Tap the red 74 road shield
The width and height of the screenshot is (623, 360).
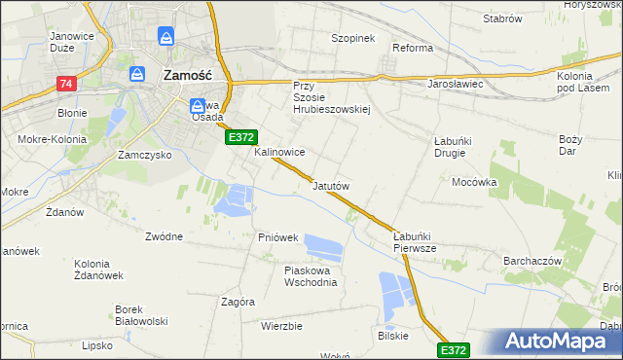pyautogui.click(x=66, y=85)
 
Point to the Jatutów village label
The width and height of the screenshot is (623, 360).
pyautogui.click(x=331, y=185)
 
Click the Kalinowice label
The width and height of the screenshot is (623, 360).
pyautogui.click(x=280, y=153)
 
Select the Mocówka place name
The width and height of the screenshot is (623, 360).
pyautogui.click(x=474, y=182)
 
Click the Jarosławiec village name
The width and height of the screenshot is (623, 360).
pyautogui.click(x=457, y=85)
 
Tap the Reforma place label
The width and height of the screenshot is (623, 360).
pyautogui.click(x=412, y=48)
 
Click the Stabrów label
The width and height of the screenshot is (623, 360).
pyautogui.click(x=501, y=18)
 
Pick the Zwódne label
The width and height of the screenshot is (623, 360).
pyautogui.click(x=164, y=236)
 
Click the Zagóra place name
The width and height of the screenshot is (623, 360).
pyautogui.click(x=238, y=302)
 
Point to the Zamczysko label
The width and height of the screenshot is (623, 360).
pyautogui.click(x=143, y=155)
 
